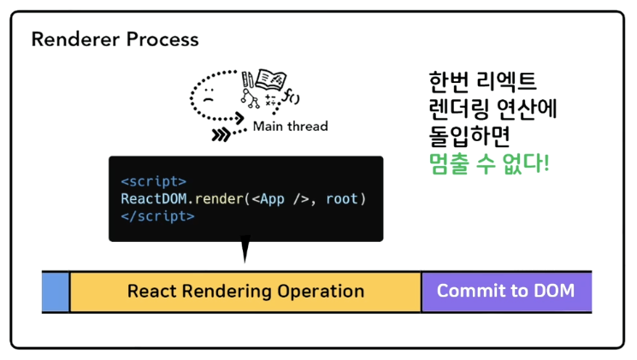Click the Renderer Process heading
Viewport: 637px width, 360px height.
tap(115, 39)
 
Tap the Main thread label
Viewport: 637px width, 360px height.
tap(290, 127)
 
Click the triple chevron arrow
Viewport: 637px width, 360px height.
tap(222, 133)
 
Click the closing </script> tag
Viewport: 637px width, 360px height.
tap(157, 216)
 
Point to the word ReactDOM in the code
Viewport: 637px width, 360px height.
tap(154, 199)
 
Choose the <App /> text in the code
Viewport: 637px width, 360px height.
tap(283, 199)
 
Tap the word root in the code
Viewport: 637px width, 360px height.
tap(342, 199)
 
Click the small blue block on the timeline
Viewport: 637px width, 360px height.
tap(56, 291)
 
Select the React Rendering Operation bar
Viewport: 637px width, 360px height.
tap(245, 291)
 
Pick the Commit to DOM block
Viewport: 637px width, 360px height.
tap(505, 291)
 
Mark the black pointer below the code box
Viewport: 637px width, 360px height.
tap(245, 251)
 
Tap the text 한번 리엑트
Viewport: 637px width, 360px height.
tap(483, 84)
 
